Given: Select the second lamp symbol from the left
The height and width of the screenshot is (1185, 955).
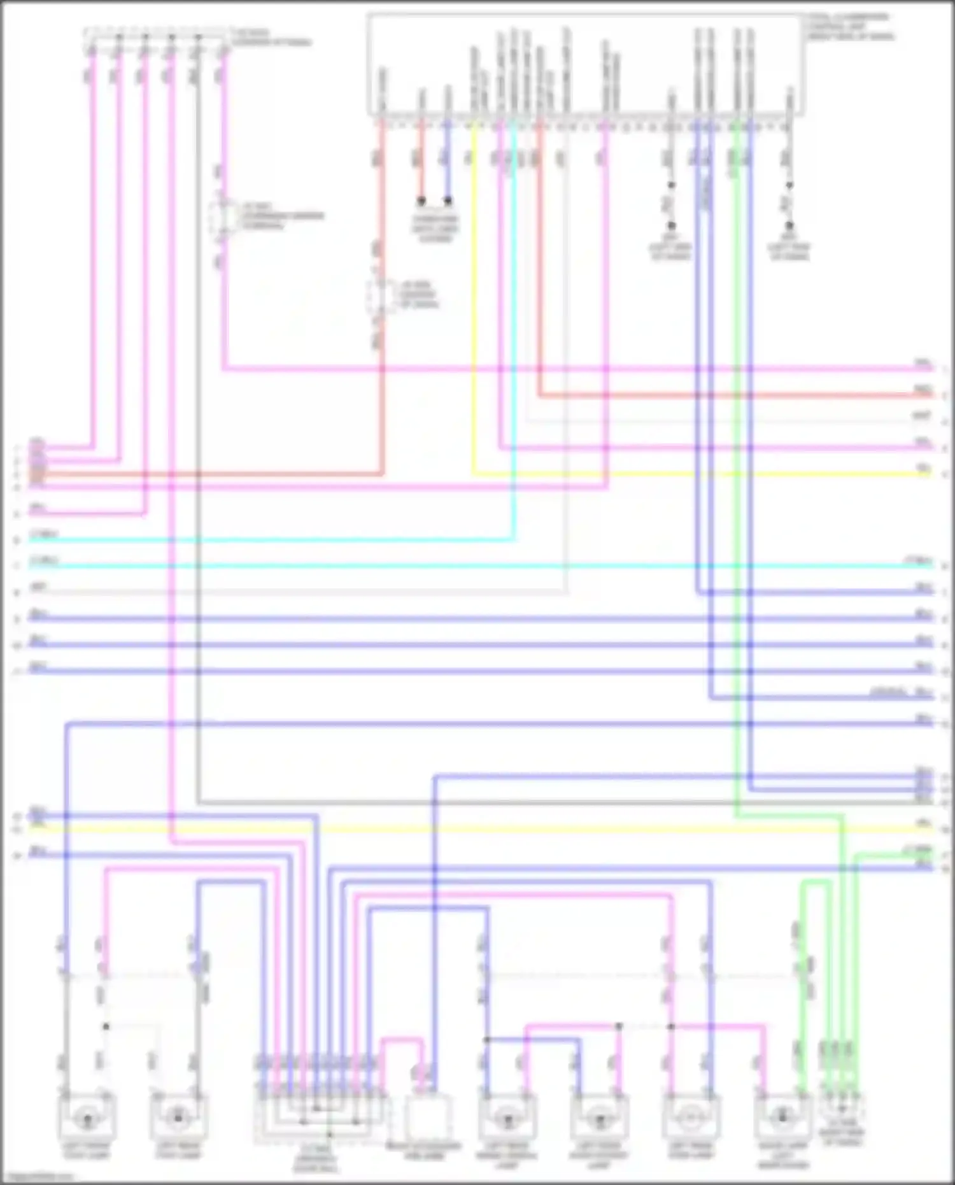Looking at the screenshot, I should [x=178, y=1116].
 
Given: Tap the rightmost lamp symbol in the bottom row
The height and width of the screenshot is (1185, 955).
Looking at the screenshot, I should [x=782, y=1116].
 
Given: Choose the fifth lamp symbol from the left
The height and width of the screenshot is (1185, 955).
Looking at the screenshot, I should [x=690, y=1116].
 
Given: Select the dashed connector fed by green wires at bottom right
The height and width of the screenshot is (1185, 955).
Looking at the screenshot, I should [x=842, y=1109].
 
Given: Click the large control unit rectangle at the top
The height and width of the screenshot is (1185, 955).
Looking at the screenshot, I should [x=584, y=64].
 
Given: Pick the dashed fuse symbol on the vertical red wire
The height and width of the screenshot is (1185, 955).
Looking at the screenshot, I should [x=380, y=296].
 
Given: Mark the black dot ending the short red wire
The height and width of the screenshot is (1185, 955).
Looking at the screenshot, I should [x=421, y=201].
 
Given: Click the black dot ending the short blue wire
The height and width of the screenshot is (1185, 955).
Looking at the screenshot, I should [x=448, y=201].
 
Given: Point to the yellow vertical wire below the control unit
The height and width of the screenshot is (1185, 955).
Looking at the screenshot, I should [x=473, y=287].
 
